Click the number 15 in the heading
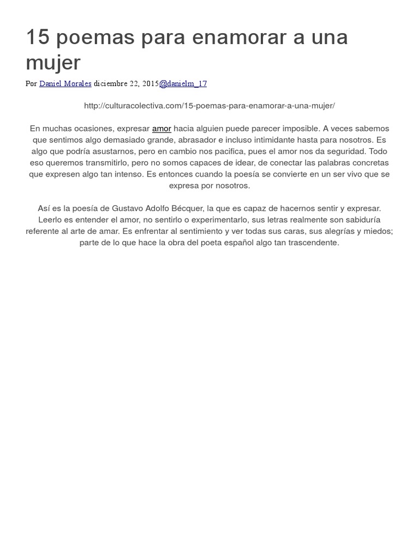38,38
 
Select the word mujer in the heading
53,63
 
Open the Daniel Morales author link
65,83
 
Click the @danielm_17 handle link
183,83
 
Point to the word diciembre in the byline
111,83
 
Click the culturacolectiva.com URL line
209,106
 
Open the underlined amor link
161,129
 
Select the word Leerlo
51,220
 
